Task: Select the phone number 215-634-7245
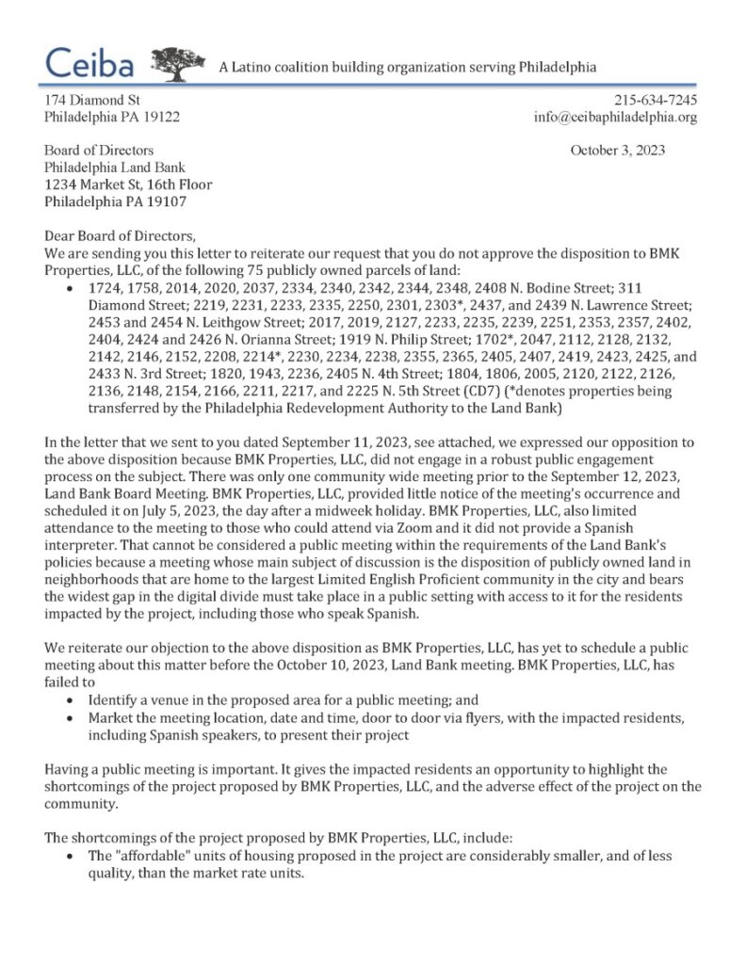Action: click(656, 100)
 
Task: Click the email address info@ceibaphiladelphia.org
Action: click(615, 118)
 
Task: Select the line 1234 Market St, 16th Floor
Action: click(129, 185)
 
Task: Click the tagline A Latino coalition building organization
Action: click(407, 67)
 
